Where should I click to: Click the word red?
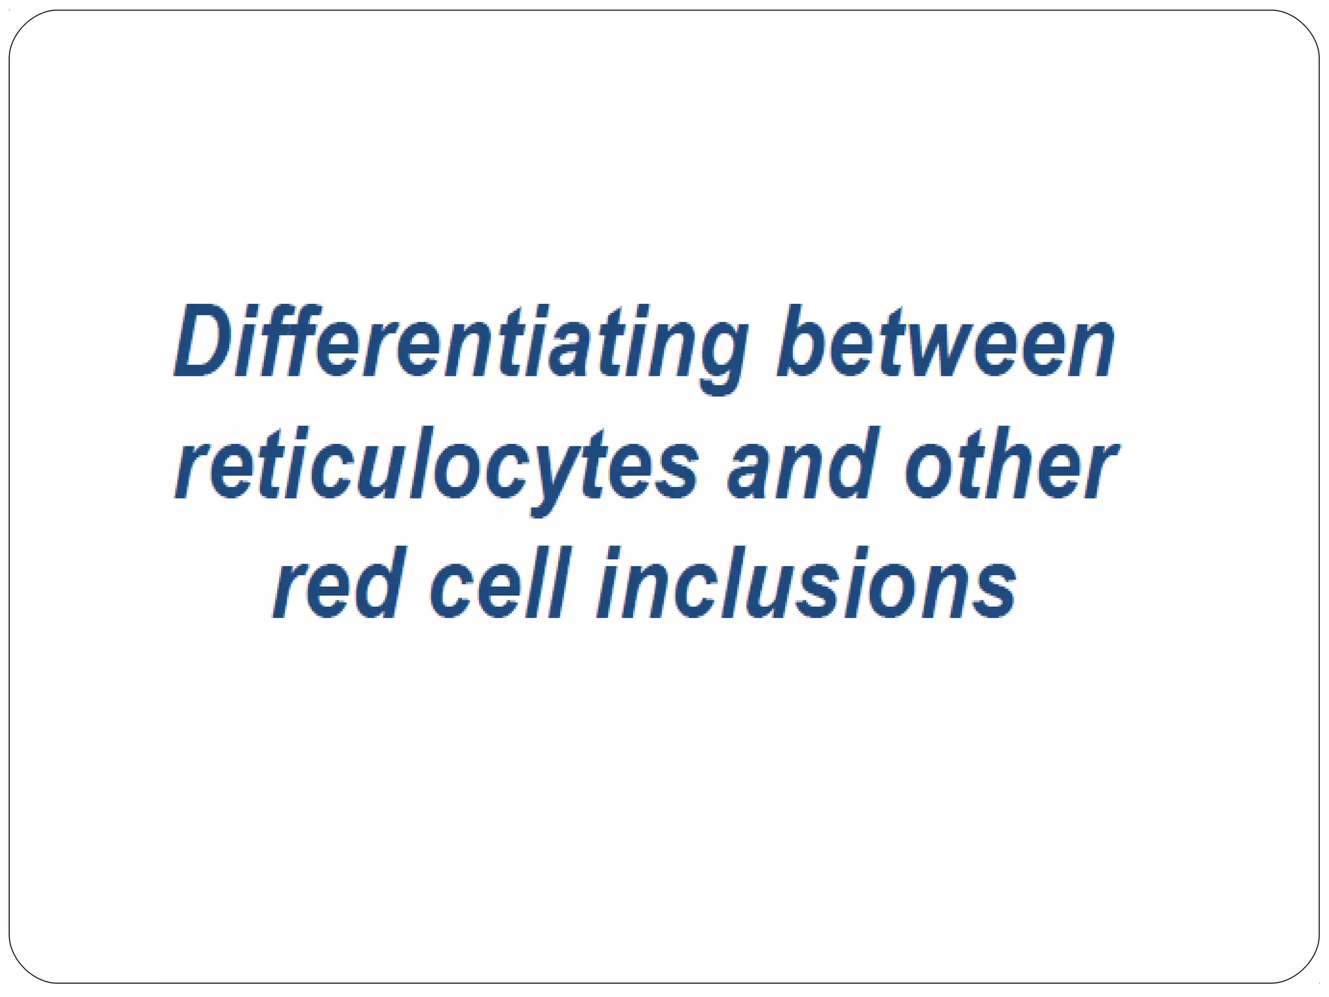pyautogui.click(x=337, y=584)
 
